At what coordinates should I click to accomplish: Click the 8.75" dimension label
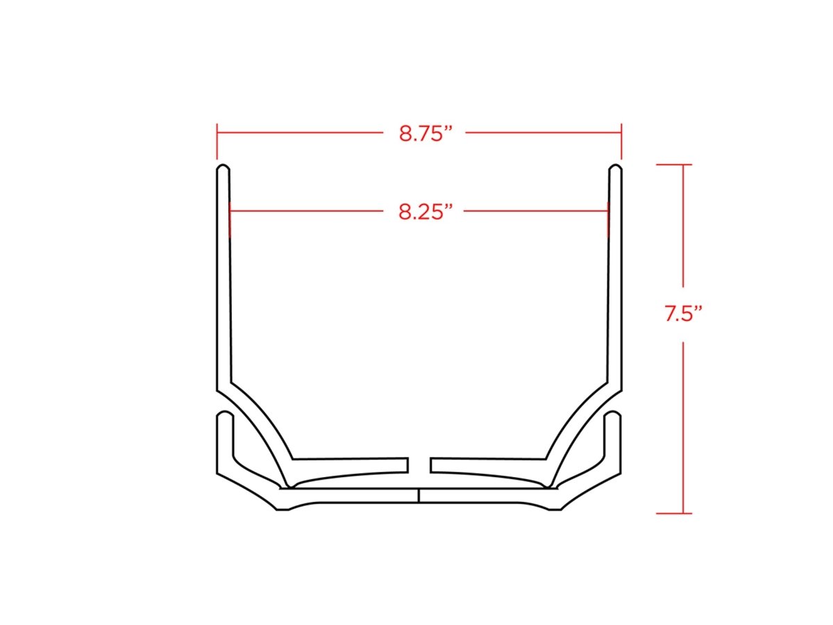(426, 133)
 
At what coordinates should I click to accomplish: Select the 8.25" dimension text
(426, 212)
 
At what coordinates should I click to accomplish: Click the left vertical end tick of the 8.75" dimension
(217, 141)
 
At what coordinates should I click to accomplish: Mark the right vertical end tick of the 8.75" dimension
(621, 141)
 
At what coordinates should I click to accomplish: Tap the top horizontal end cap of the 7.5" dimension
(674, 165)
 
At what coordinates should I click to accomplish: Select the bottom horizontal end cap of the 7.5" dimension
(674, 513)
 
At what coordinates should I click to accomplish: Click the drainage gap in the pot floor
(419, 465)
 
